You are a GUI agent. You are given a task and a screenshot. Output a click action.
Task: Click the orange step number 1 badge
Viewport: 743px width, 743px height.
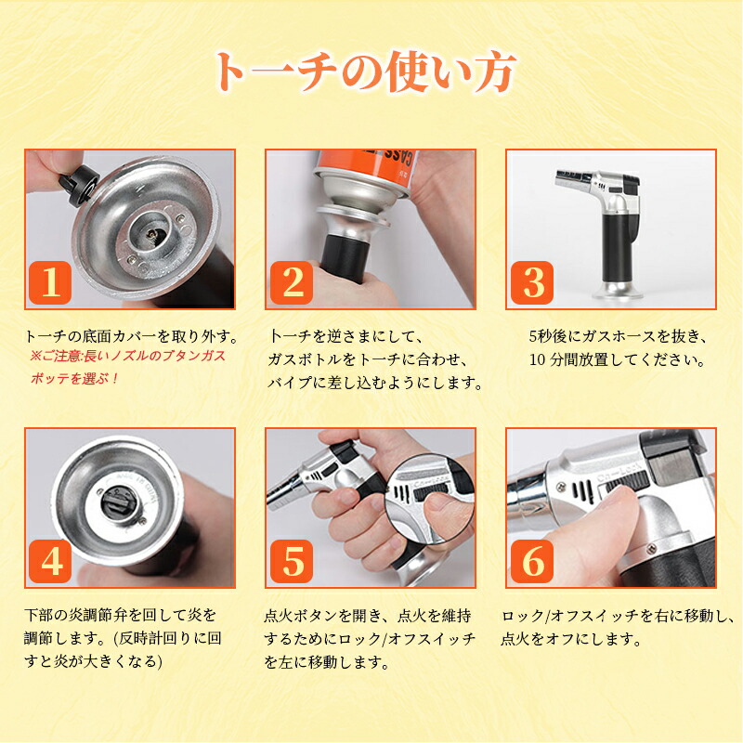[x=50, y=283]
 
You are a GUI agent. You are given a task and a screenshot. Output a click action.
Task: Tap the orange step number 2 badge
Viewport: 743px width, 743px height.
[x=292, y=283]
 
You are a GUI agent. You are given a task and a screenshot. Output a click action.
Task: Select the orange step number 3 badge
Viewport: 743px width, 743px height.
[x=532, y=283]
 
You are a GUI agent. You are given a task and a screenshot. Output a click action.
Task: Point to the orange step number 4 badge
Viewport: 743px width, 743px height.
[x=50, y=562]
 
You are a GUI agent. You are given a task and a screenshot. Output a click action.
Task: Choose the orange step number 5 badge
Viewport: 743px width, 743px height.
[x=292, y=562]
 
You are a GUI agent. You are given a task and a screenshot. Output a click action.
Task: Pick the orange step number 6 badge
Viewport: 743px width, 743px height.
[x=532, y=562]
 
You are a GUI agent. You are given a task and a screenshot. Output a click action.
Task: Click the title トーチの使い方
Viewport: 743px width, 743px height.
[x=365, y=72]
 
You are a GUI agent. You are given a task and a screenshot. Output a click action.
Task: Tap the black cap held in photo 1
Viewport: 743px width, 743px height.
[x=78, y=185]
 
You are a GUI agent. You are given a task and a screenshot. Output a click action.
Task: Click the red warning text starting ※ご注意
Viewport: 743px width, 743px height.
[x=128, y=356]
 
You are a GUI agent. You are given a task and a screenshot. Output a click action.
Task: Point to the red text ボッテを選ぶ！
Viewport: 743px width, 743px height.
[x=74, y=379]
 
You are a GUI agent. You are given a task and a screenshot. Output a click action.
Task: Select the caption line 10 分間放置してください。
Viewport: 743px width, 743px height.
[x=618, y=359]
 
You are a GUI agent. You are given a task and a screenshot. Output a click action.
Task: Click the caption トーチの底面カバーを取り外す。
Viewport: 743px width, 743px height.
[x=132, y=336]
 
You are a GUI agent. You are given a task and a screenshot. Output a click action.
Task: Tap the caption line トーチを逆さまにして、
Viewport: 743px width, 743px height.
[x=345, y=336]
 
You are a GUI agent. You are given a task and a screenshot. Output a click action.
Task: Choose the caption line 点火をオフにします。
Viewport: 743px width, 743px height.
[x=571, y=639]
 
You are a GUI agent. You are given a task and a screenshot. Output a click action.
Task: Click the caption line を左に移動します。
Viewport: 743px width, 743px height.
[x=327, y=662]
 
